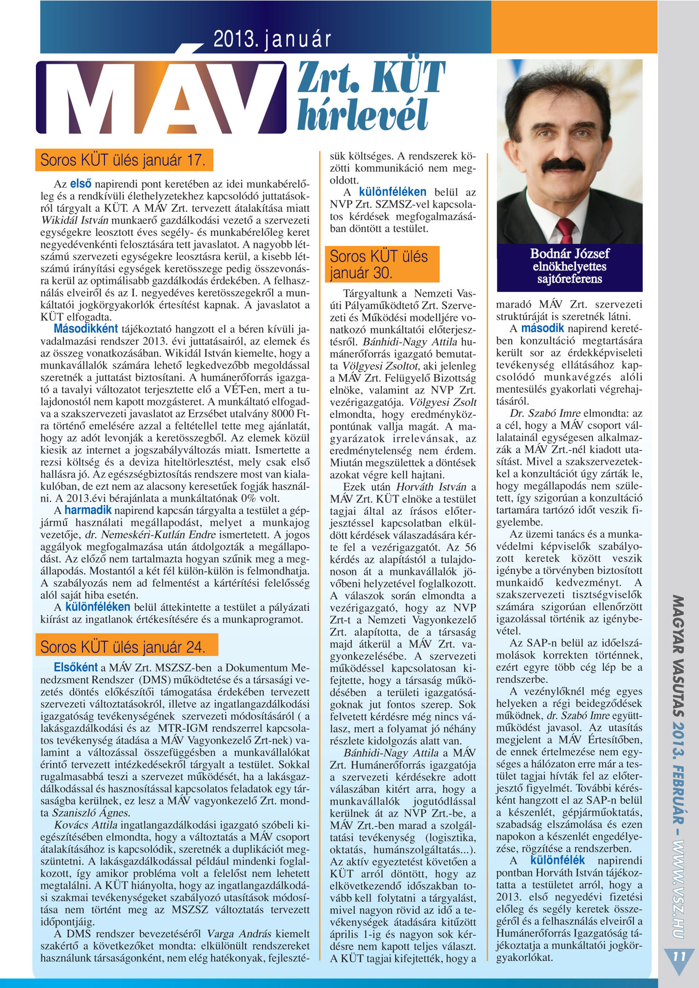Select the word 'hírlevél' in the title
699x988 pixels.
pyautogui.click(x=363, y=115)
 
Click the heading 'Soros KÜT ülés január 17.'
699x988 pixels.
pyautogui.click(x=123, y=160)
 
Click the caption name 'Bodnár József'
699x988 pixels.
pyautogui.click(x=569, y=254)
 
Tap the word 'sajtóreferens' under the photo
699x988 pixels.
pyautogui.click(x=569, y=279)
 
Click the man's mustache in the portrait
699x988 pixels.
pyautogui.click(x=564, y=165)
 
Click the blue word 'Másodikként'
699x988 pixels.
pyautogui.click(x=86, y=329)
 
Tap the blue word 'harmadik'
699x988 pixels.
pyautogui.click(x=88, y=510)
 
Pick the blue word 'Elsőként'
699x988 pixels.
pyautogui.click(x=75, y=668)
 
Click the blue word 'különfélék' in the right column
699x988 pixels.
pyautogui.click(x=557, y=860)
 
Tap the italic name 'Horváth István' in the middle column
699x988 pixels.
pyautogui.click(x=431, y=487)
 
